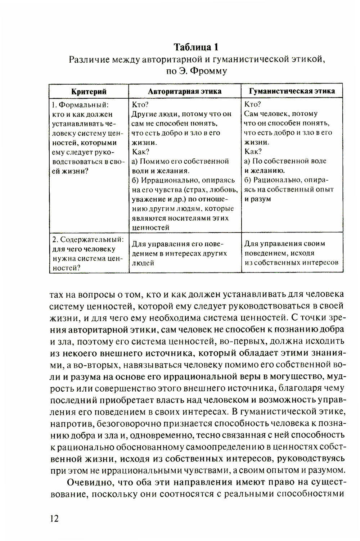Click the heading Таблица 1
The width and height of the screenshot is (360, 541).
(196, 47)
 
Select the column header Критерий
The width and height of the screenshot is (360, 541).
(89, 91)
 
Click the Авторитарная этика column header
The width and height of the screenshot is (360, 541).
(185, 91)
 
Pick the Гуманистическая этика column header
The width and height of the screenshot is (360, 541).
(292, 91)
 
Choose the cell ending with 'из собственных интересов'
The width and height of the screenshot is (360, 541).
(292, 253)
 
